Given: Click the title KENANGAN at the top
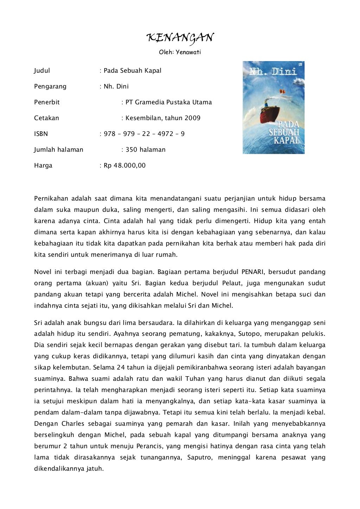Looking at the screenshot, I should (x=180, y=38).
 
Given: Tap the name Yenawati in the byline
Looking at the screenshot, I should (x=188, y=52).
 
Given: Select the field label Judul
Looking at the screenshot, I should (x=42, y=71).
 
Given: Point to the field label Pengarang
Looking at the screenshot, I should (x=50, y=86).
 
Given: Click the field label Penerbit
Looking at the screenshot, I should (x=47, y=102).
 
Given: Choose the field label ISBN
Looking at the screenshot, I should (x=41, y=134).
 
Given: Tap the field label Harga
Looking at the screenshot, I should (x=43, y=165).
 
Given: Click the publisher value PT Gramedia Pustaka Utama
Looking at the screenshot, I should (x=168, y=102).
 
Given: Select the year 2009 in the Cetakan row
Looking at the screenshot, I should (x=192, y=118).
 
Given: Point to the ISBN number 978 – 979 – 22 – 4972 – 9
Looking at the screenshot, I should (x=144, y=134).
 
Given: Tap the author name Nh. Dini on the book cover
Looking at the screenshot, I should (x=273, y=72).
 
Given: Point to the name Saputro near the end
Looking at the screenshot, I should (x=199, y=457).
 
